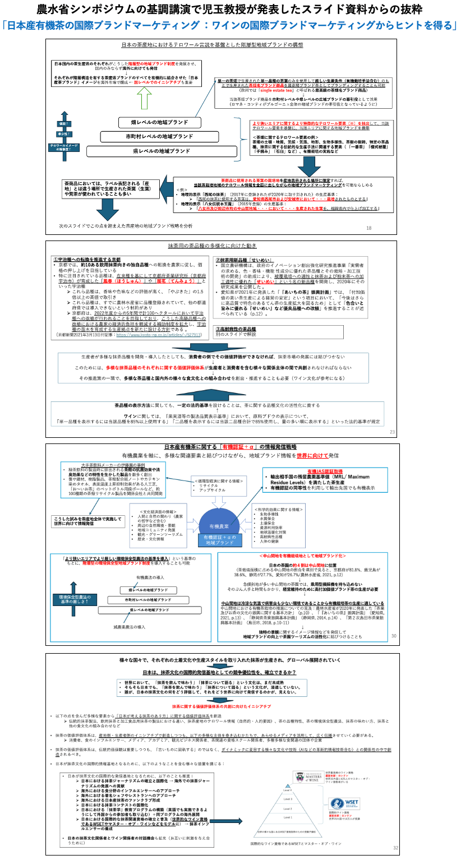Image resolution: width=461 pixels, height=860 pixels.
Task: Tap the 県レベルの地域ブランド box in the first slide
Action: (x=161, y=151)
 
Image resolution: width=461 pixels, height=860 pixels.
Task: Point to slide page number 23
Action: (x=392, y=432)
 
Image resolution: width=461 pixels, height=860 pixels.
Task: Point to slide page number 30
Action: (x=394, y=636)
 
